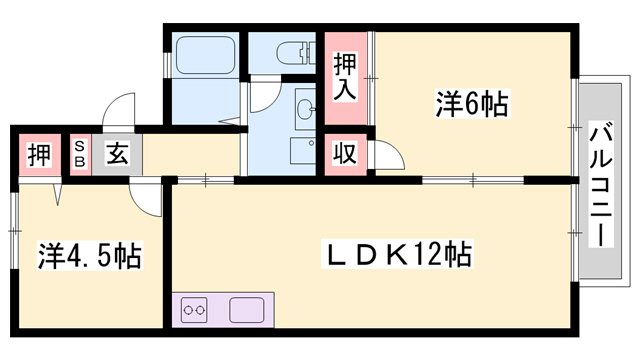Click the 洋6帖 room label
(x=472, y=103)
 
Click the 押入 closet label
(x=342, y=76)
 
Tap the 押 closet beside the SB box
(x=38, y=155)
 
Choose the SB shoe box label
(x=79, y=155)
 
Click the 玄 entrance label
(x=116, y=155)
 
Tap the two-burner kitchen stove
(x=194, y=311)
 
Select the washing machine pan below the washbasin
(x=302, y=150)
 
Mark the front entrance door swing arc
(x=118, y=108)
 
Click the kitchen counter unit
(x=222, y=310)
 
